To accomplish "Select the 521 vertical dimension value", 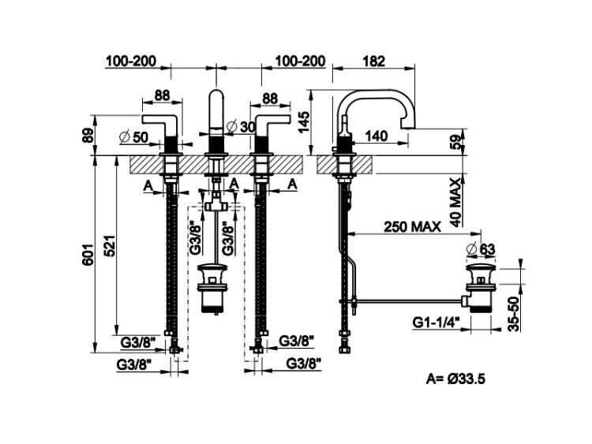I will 111,248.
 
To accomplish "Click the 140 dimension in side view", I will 377,136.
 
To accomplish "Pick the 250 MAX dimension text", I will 412,226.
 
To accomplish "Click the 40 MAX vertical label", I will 455,201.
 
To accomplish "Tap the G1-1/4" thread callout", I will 437,322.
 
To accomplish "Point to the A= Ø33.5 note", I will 455,379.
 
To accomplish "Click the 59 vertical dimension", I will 455,143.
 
